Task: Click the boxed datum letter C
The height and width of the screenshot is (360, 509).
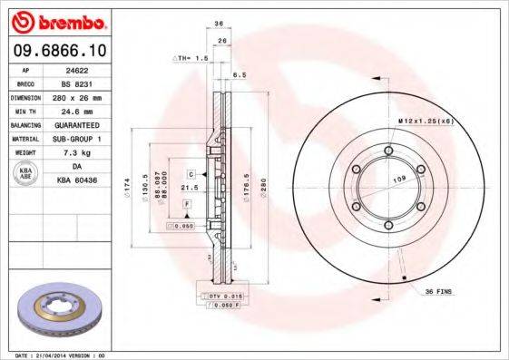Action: tap(193, 172)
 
